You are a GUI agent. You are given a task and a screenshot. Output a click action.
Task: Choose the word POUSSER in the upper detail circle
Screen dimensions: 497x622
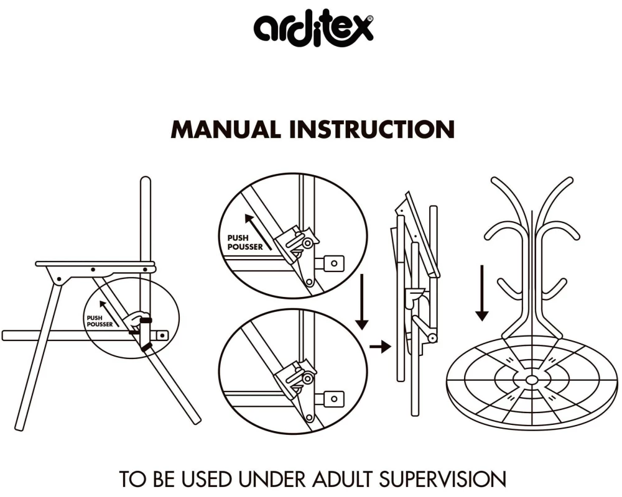point(246,246)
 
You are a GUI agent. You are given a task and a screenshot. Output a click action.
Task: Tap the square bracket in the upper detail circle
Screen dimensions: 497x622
point(333,263)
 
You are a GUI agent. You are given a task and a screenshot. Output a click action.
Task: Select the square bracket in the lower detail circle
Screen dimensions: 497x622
point(333,397)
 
